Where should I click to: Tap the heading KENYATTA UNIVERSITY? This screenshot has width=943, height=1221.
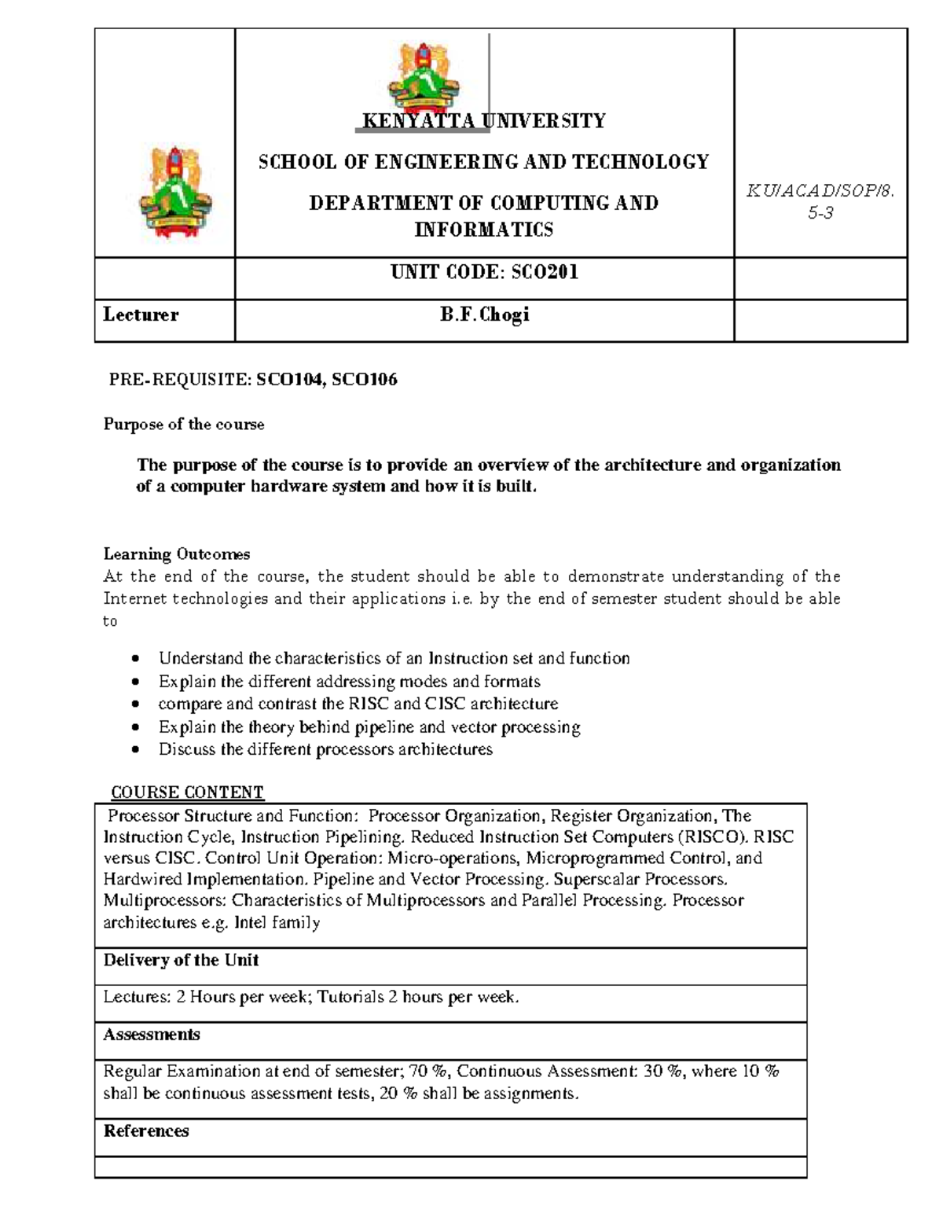(x=484, y=121)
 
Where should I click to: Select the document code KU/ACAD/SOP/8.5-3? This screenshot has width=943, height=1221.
(x=820, y=202)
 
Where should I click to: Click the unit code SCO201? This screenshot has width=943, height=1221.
(x=545, y=272)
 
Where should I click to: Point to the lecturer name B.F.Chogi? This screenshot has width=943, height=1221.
(x=484, y=315)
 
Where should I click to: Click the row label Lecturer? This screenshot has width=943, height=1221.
(x=141, y=315)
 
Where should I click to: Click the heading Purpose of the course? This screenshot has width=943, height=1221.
(x=184, y=425)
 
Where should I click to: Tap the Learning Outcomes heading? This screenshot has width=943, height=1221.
(x=177, y=554)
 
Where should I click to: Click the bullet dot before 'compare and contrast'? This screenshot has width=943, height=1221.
(x=137, y=704)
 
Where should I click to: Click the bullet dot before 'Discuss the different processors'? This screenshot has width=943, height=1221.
(x=137, y=750)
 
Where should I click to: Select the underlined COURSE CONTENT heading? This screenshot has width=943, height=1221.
(x=187, y=792)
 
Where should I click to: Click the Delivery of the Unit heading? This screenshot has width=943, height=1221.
(x=181, y=960)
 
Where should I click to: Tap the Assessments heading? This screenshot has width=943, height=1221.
(x=152, y=1035)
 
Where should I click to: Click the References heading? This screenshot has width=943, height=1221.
(x=146, y=1131)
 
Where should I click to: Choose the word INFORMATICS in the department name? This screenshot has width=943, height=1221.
(x=484, y=230)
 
